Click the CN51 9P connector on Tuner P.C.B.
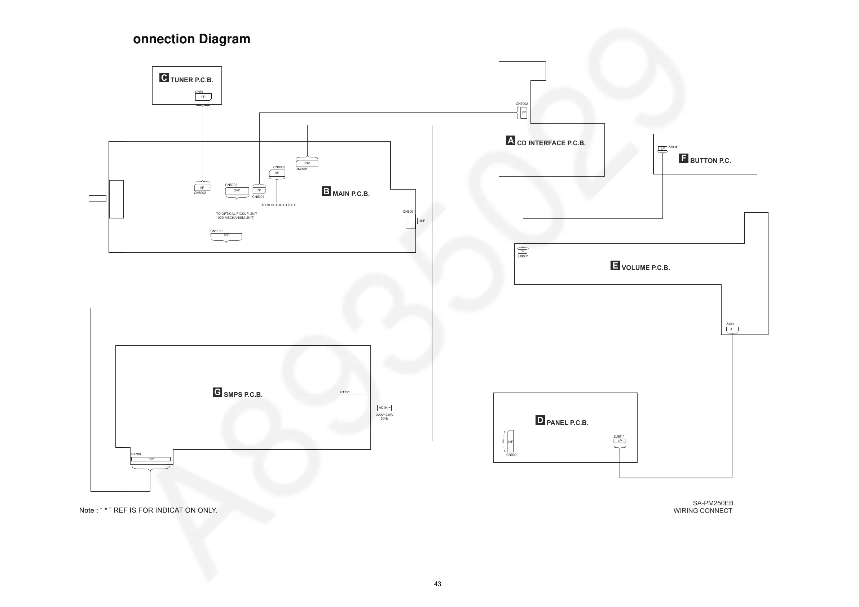point(203,97)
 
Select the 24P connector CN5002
point(237,191)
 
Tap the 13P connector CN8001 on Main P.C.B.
point(307,163)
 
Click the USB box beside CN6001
point(422,221)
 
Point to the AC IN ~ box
point(384,408)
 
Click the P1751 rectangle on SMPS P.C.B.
point(352,411)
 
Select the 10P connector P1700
point(151,459)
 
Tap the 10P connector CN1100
point(226,235)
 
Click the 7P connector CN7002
point(524,112)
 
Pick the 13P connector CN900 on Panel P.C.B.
point(510,441)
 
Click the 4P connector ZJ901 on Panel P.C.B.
point(620,441)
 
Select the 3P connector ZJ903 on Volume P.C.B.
point(522,251)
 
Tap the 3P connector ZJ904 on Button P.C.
point(662,149)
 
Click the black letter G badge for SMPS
point(217,392)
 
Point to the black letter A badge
point(510,140)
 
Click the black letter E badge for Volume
point(615,265)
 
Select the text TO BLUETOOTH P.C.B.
point(279,205)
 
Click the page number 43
point(437,584)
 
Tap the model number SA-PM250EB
point(713,503)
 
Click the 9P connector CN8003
point(277,173)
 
